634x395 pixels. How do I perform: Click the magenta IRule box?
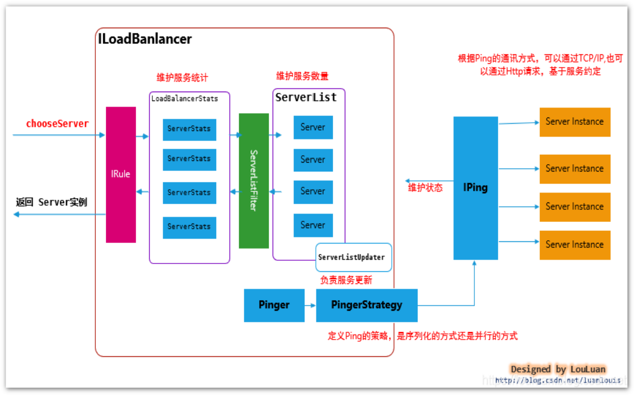pyautogui.click(x=121, y=174)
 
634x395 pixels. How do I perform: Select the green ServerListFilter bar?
pyautogui.click(x=254, y=180)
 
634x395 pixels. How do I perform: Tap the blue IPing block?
pyautogui.click(x=475, y=188)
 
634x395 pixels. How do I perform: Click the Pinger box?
pyautogui.click(x=274, y=305)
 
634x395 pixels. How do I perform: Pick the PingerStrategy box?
pyautogui.click(x=366, y=305)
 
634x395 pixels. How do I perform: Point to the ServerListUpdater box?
pyautogui.click(x=354, y=257)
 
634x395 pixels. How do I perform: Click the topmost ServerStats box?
pyautogui.click(x=190, y=129)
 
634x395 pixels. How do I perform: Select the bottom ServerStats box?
pyautogui.click(x=190, y=227)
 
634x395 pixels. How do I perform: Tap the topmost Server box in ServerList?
pyautogui.click(x=313, y=128)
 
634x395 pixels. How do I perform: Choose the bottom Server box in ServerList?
pyautogui.click(x=313, y=225)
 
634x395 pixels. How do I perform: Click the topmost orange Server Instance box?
pyautogui.click(x=575, y=122)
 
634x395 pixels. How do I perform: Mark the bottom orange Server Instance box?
pyautogui.click(x=575, y=245)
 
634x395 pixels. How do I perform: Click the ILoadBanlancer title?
pyautogui.click(x=145, y=39)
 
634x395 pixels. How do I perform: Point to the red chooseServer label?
pyautogui.click(x=57, y=124)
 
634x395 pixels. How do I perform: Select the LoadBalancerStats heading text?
pyautogui.click(x=185, y=99)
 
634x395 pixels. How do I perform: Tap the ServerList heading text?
pyautogui.click(x=306, y=97)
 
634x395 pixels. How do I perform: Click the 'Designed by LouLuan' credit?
pyautogui.click(x=558, y=369)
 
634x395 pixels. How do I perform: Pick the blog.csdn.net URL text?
pyautogui.click(x=558, y=381)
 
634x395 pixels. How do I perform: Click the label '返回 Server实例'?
pyautogui.click(x=52, y=202)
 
